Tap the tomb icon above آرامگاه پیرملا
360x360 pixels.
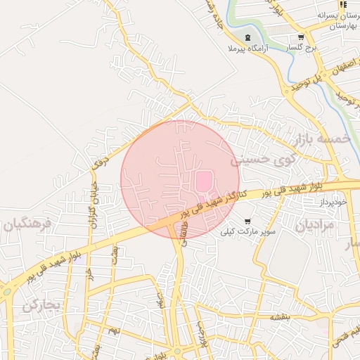click(x=246, y=37)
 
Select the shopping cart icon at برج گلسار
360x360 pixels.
click(x=301, y=37)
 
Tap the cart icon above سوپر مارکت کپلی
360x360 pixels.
click(x=247, y=221)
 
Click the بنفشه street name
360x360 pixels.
click(x=279, y=317)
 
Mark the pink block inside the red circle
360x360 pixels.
click(x=203, y=181)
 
